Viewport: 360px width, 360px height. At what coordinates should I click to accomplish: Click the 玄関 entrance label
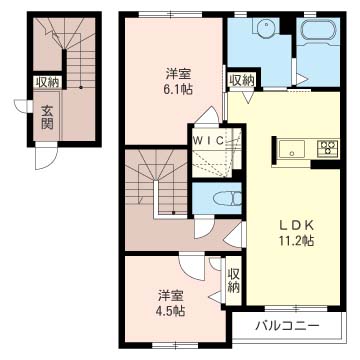coord(47,117)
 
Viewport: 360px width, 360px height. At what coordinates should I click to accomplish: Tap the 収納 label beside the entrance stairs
coord(47,82)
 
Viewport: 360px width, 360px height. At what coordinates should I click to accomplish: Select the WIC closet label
coord(209,140)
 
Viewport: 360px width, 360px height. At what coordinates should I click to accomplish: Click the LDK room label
coord(296,225)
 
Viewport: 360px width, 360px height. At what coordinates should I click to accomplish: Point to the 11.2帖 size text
coord(296,240)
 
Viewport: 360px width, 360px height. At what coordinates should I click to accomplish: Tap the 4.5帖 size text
coord(171,311)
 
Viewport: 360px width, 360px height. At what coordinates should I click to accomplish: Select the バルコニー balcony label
coord(287,325)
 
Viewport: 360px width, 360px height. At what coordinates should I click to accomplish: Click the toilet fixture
coord(228,199)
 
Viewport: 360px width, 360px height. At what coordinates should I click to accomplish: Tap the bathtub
coord(318,31)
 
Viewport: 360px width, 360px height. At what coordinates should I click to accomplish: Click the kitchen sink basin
coord(292,149)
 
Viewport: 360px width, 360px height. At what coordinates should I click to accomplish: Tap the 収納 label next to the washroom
coord(242,80)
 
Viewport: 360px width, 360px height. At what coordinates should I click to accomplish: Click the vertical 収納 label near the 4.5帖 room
coord(234,281)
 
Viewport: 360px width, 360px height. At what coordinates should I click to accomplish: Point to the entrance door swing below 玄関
coord(46,158)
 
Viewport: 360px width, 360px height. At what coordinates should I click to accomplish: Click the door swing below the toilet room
coord(203,227)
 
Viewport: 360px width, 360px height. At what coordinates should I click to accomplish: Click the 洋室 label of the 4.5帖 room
coord(171,296)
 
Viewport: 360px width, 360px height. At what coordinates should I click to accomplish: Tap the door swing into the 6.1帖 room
coord(208,115)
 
